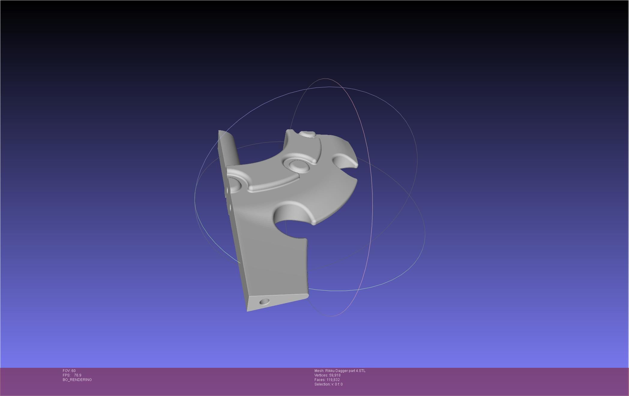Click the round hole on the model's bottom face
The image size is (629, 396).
point(264,301)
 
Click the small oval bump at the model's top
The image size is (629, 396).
point(308,134)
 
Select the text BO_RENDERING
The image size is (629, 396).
point(77,380)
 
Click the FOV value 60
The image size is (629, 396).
point(74,371)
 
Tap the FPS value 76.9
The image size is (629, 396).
point(78,375)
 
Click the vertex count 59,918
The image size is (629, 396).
point(335,375)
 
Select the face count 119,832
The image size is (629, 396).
point(333,380)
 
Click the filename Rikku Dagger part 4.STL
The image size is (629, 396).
point(345,371)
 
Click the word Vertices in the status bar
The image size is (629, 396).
point(321,375)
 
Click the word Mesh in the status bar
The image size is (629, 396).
point(319,371)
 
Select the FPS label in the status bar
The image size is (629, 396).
point(66,375)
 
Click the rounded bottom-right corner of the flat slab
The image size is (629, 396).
point(306,295)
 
